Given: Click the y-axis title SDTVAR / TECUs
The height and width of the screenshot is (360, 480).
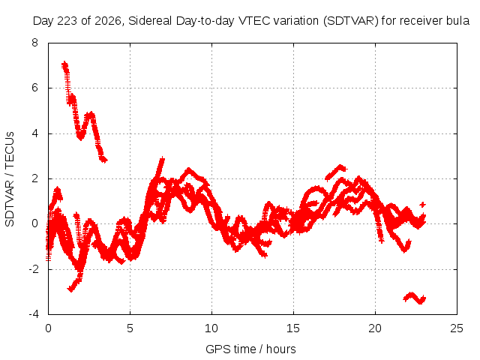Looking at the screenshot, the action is pos(10,179).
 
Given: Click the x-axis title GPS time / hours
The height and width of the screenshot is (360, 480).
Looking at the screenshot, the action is pos(250,349).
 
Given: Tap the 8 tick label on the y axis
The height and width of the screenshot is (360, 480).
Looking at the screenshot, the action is pos(35,43).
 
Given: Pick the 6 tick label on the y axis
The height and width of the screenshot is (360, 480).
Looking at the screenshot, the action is pos(35,88).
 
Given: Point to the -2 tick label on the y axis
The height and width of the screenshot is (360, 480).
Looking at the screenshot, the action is pos(33,269).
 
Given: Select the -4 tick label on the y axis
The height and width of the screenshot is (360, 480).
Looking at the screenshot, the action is pos(33,314).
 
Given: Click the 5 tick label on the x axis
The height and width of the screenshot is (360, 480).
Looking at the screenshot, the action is pos(130,328).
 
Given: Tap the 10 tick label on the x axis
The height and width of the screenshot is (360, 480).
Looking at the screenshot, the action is pos(211,328).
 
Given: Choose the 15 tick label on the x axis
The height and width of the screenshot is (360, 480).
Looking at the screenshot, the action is pos(293,328).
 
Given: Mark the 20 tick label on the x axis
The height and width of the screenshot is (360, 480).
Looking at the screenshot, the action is pos(375,328).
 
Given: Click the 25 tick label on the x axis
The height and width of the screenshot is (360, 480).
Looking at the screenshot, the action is pos(457,328).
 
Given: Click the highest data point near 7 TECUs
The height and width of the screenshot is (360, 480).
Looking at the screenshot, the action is pos(64,64).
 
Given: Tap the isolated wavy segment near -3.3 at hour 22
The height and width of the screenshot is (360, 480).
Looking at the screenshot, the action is pos(415,298).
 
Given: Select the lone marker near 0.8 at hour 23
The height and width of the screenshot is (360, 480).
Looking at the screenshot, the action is pos(423,205).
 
